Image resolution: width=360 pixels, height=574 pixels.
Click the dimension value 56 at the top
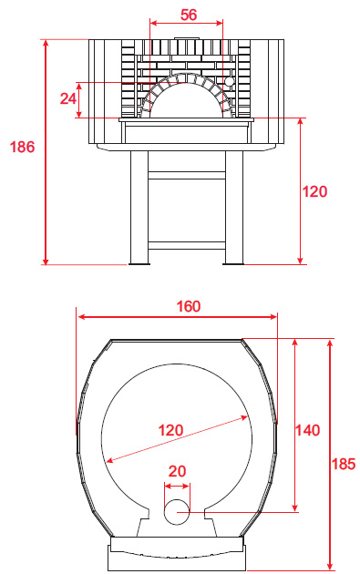click(x=189, y=15)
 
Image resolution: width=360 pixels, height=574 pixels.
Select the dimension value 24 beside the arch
click(x=68, y=98)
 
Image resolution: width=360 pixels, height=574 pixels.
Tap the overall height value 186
click(x=22, y=147)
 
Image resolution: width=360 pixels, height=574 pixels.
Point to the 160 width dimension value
click(x=189, y=306)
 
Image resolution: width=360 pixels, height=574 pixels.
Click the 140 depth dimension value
click(x=308, y=430)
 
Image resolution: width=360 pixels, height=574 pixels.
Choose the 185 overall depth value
click(x=344, y=464)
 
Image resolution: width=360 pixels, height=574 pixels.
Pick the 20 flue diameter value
click(x=177, y=471)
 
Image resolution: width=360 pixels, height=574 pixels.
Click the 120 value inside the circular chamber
click(x=170, y=430)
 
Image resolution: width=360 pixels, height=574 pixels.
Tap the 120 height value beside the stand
click(x=314, y=191)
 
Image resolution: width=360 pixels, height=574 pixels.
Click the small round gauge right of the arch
click(x=229, y=81)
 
